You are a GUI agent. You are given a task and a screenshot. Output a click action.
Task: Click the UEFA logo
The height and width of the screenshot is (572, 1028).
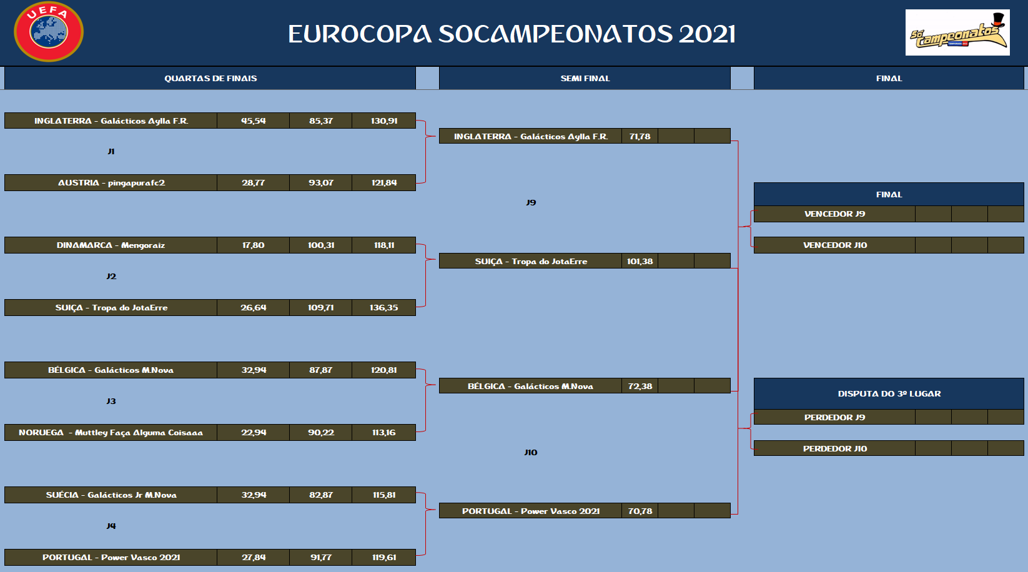pos(49,31)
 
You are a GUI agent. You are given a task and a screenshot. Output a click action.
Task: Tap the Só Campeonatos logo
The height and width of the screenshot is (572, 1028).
pos(957,32)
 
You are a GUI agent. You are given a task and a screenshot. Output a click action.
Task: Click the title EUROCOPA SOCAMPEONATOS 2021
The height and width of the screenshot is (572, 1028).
pos(512,34)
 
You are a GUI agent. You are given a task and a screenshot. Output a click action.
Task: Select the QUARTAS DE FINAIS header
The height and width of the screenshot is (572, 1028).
pos(210,79)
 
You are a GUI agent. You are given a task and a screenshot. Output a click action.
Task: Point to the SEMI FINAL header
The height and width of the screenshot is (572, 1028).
pos(585,79)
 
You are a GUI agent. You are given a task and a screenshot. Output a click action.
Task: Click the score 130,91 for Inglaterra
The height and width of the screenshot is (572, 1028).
pos(384,121)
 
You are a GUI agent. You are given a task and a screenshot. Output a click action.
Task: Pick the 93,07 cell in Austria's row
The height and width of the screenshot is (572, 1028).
pos(321,182)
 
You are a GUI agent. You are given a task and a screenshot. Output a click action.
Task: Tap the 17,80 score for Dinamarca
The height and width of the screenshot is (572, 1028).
pos(254,245)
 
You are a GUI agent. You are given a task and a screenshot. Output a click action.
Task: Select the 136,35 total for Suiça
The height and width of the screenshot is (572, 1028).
pos(384,307)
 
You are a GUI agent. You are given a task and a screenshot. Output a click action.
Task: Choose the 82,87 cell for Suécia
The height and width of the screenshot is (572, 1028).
pos(321,495)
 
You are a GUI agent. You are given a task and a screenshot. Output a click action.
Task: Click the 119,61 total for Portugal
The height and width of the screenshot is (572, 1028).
pos(384,557)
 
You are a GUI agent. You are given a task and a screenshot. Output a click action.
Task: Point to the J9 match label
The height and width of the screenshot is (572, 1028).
pos(531,202)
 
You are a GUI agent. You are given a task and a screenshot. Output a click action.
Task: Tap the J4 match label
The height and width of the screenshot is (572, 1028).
pos(111,526)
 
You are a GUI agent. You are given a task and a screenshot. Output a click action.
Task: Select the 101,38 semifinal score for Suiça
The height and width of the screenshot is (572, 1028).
pos(640,261)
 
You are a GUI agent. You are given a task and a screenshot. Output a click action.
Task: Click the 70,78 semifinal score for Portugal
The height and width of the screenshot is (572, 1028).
pos(640,511)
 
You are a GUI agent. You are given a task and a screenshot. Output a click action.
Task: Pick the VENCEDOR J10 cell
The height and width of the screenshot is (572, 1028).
pos(835,245)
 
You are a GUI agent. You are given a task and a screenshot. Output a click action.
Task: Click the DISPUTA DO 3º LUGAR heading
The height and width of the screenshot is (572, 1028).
pos(889,393)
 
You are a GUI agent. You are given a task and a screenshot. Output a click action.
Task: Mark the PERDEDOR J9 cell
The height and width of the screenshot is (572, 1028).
pos(835,417)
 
